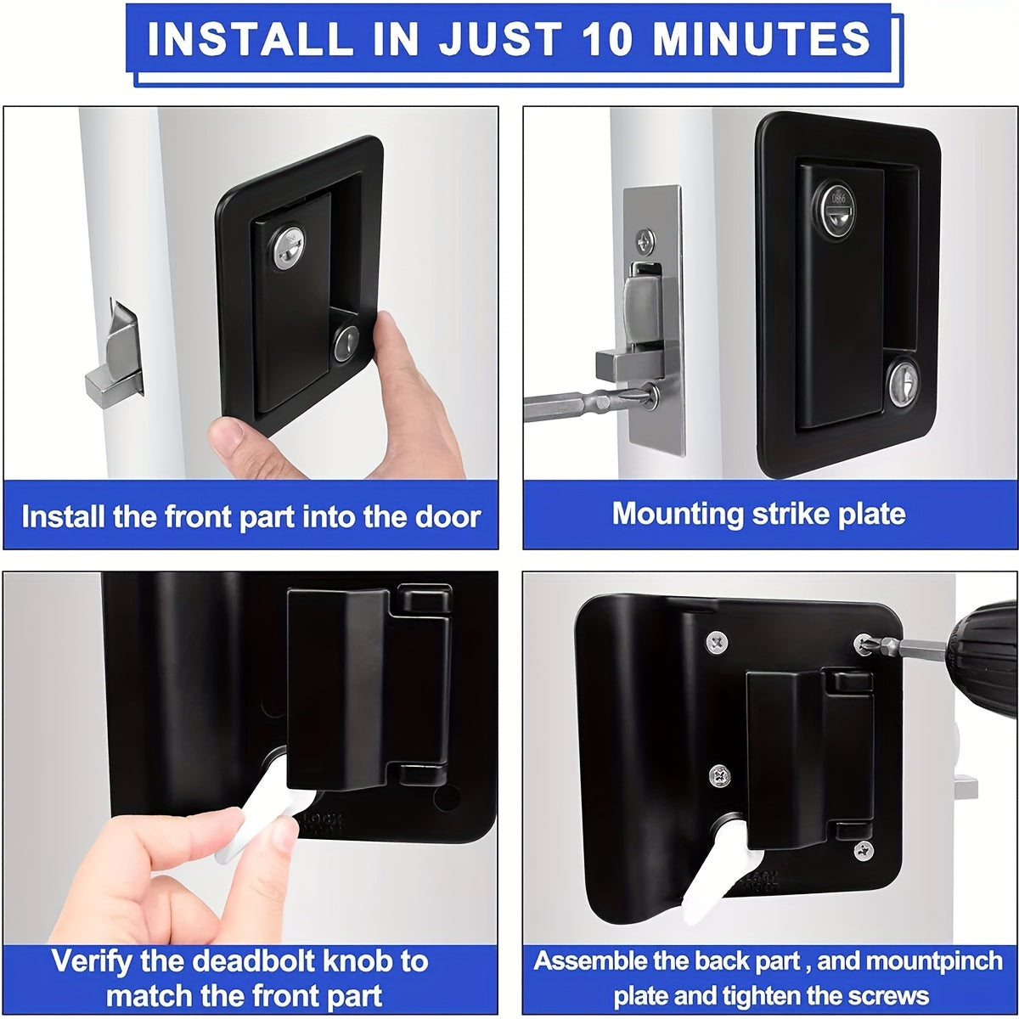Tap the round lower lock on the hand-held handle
(x=346, y=344)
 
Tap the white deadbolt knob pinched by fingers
(x=259, y=811)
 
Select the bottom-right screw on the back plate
(x=863, y=849)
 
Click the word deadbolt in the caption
(x=264, y=961)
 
